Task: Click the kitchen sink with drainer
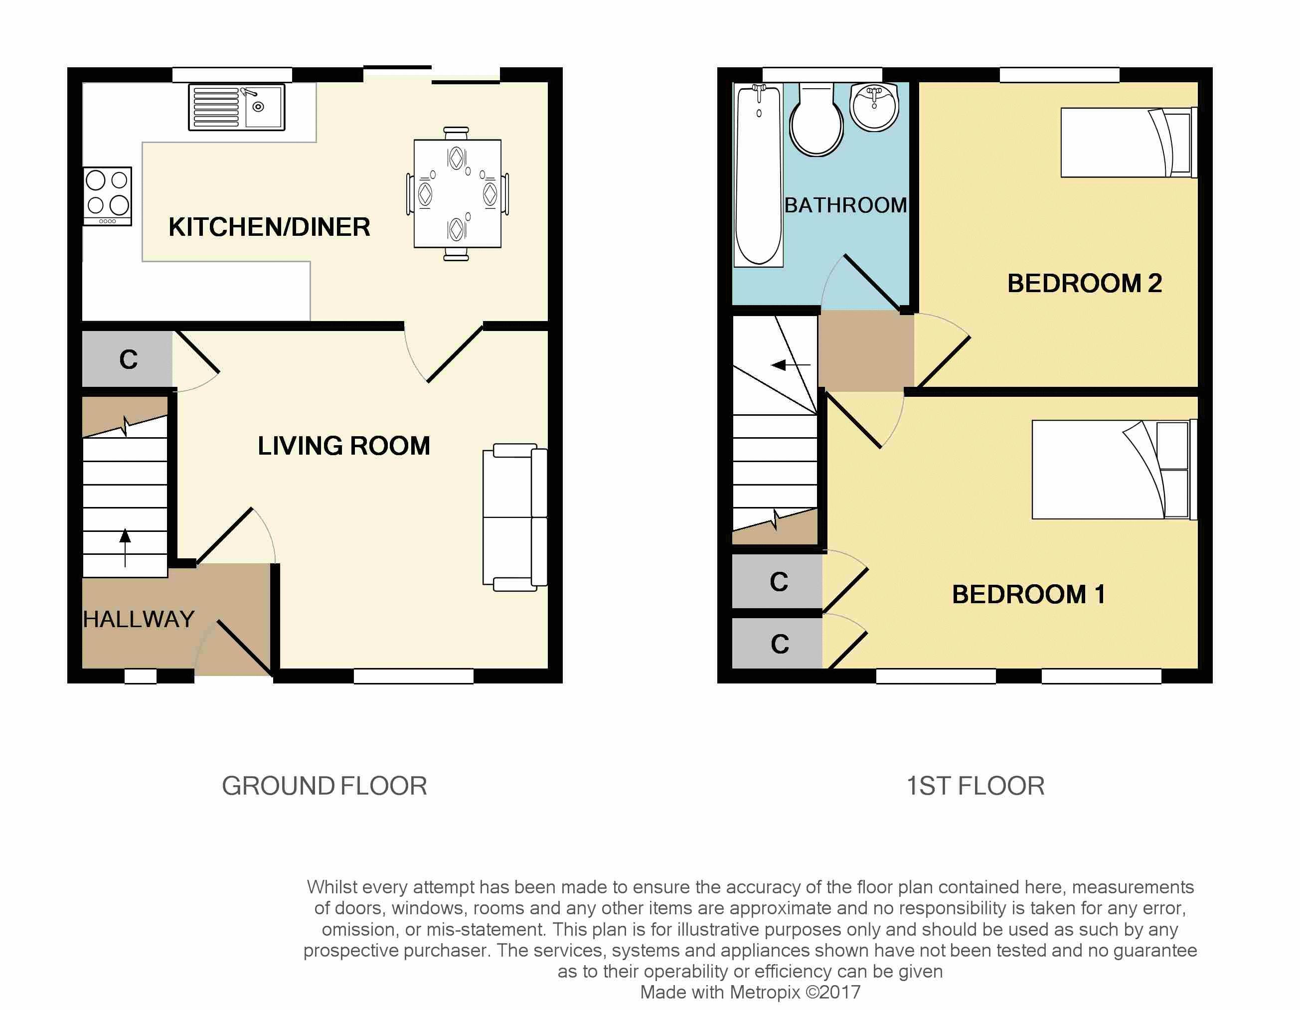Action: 236,107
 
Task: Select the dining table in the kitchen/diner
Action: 457,193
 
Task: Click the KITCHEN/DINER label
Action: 269,227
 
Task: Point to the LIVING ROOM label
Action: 343,446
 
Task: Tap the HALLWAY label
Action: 139,619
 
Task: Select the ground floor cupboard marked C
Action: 128,359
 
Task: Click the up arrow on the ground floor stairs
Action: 125,547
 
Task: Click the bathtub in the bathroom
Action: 758,175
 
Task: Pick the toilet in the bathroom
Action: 816,120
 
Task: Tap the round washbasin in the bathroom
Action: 874,107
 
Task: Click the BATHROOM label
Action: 845,205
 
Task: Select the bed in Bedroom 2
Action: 1129,142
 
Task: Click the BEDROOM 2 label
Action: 1084,283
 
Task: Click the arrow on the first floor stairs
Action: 791,365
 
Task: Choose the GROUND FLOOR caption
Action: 325,786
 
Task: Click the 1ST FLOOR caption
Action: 975,786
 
